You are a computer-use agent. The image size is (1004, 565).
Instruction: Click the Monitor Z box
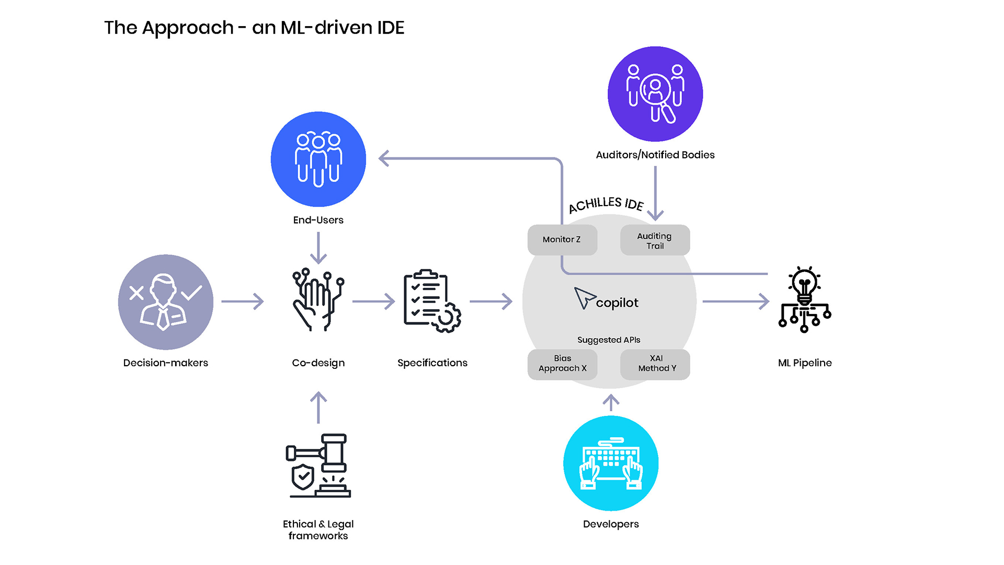click(x=562, y=240)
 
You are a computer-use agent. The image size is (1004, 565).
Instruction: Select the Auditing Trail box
click(x=655, y=240)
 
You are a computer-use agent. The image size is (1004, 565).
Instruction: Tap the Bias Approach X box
click(x=562, y=364)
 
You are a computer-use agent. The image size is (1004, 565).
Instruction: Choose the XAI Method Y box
click(x=655, y=364)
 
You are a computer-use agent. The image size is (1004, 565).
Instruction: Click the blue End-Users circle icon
click(x=318, y=159)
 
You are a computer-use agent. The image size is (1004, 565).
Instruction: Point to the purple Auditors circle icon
click(x=655, y=94)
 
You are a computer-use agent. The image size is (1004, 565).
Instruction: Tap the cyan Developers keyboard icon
click(x=611, y=464)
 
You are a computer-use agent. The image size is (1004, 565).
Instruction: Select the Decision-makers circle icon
click(x=165, y=302)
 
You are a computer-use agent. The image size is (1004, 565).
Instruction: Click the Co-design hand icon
click(x=318, y=301)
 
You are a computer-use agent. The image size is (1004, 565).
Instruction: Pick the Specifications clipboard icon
click(x=432, y=301)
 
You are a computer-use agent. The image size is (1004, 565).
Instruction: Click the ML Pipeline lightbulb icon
click(x=804, y=300)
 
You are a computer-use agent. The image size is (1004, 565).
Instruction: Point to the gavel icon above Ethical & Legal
click(x=318, y=466)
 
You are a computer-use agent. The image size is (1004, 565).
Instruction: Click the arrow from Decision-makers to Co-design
click(x=243, y=301)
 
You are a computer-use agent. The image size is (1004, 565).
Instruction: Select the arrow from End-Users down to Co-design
click(x=318, y=247)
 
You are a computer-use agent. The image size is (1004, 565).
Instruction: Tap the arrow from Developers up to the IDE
click(x=611, y=402)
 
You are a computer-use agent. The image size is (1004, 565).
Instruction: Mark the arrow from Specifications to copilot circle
click(x=491, y=301)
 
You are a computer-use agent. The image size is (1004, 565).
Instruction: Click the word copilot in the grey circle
click(x=617, y=302)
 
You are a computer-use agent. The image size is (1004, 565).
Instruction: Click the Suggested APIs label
click(x=609, y=340)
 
